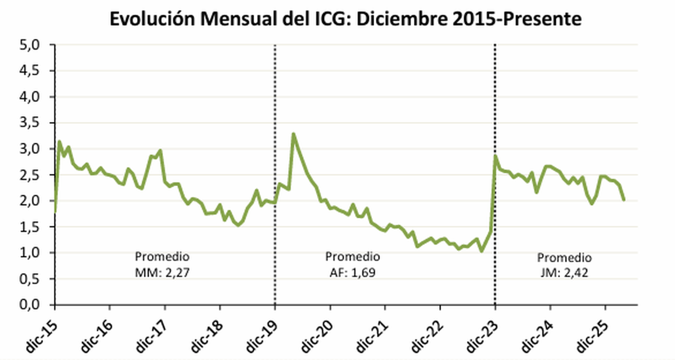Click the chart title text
(x=345, y=19)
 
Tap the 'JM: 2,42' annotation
(x=564, y=274)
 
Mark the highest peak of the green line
(x=293, y=134)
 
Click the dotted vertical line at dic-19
(x=275, y=169)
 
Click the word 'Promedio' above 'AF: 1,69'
(x=353, y=257)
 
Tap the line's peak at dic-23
(x=496, y=156)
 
